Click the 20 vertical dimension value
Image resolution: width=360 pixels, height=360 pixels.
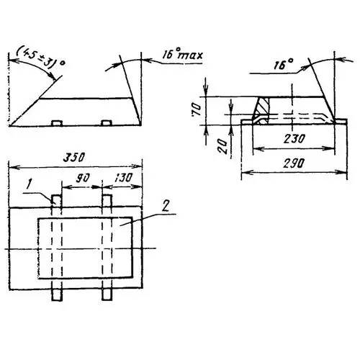click(x=224, y=148)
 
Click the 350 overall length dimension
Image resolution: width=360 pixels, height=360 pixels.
click(x=74, y=156)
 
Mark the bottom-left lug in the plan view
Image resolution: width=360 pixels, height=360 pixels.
click(x=56, y=294)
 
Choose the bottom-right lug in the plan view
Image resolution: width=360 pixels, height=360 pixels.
click(x=107, y=294)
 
